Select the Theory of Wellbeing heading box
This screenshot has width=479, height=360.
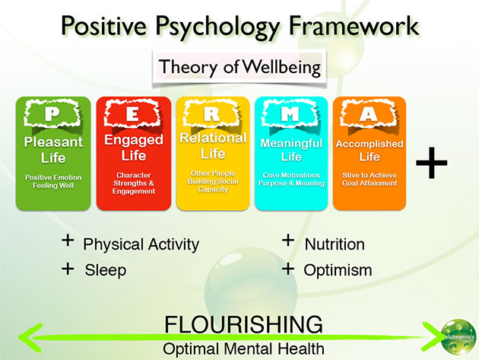240,68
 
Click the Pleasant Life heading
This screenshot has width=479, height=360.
52,150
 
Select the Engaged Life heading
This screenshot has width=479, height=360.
132,148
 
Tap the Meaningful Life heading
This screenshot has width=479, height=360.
291,150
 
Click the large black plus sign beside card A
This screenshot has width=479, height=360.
432,163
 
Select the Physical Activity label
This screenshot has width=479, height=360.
141,244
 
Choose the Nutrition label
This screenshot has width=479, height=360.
335,244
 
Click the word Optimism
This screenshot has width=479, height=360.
338,270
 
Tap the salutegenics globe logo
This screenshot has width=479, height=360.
458,335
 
